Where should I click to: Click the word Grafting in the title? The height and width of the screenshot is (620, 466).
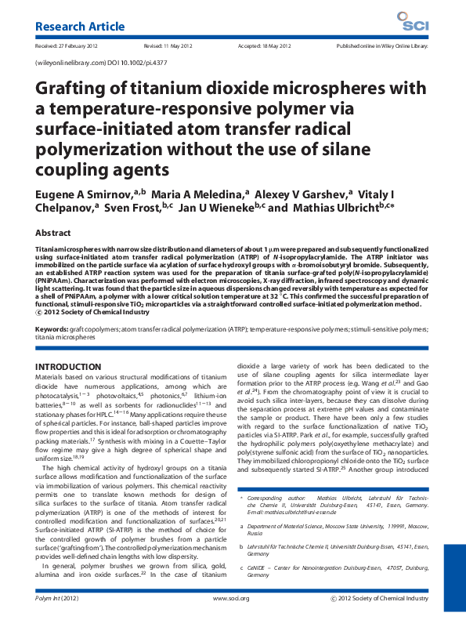(72, 92)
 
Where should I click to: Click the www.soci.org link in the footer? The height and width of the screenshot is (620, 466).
(233, 598)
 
